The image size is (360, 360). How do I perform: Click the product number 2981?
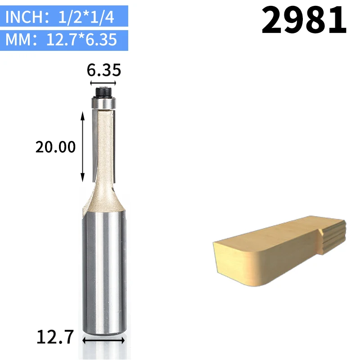[304, 20]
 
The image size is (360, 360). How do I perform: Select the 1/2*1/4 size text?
[86, 17]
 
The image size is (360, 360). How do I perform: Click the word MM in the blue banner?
[18, 40]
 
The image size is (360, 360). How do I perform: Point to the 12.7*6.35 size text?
[81, 40]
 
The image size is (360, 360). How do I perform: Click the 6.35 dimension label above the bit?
[104, 70]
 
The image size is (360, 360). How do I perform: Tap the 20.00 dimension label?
[55, 147]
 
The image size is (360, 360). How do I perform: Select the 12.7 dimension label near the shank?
[55, 337]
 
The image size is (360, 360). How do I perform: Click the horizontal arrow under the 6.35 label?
[103, 83]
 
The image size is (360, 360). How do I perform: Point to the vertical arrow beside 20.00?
[83, 147]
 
